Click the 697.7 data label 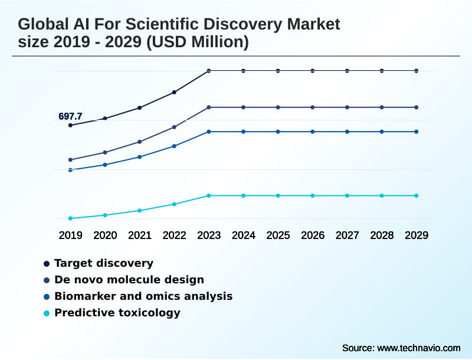[70, 116]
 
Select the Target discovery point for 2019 [70, 125]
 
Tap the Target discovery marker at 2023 [209, 71]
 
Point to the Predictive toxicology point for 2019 [70, 218]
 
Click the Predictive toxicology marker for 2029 [417, 195]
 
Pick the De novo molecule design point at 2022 [174, 127]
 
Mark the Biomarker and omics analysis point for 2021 [140, 157]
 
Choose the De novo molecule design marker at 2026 [313, 107]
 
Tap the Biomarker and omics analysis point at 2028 [382, 132]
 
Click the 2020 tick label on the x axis [105, 235]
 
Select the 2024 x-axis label [244, 235]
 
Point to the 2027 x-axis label [348, 235]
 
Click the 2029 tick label [417, 235]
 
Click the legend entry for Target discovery [103, 263]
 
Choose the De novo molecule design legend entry [129, 280]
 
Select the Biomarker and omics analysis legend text [143, 296]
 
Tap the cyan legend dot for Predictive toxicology [47, 313]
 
